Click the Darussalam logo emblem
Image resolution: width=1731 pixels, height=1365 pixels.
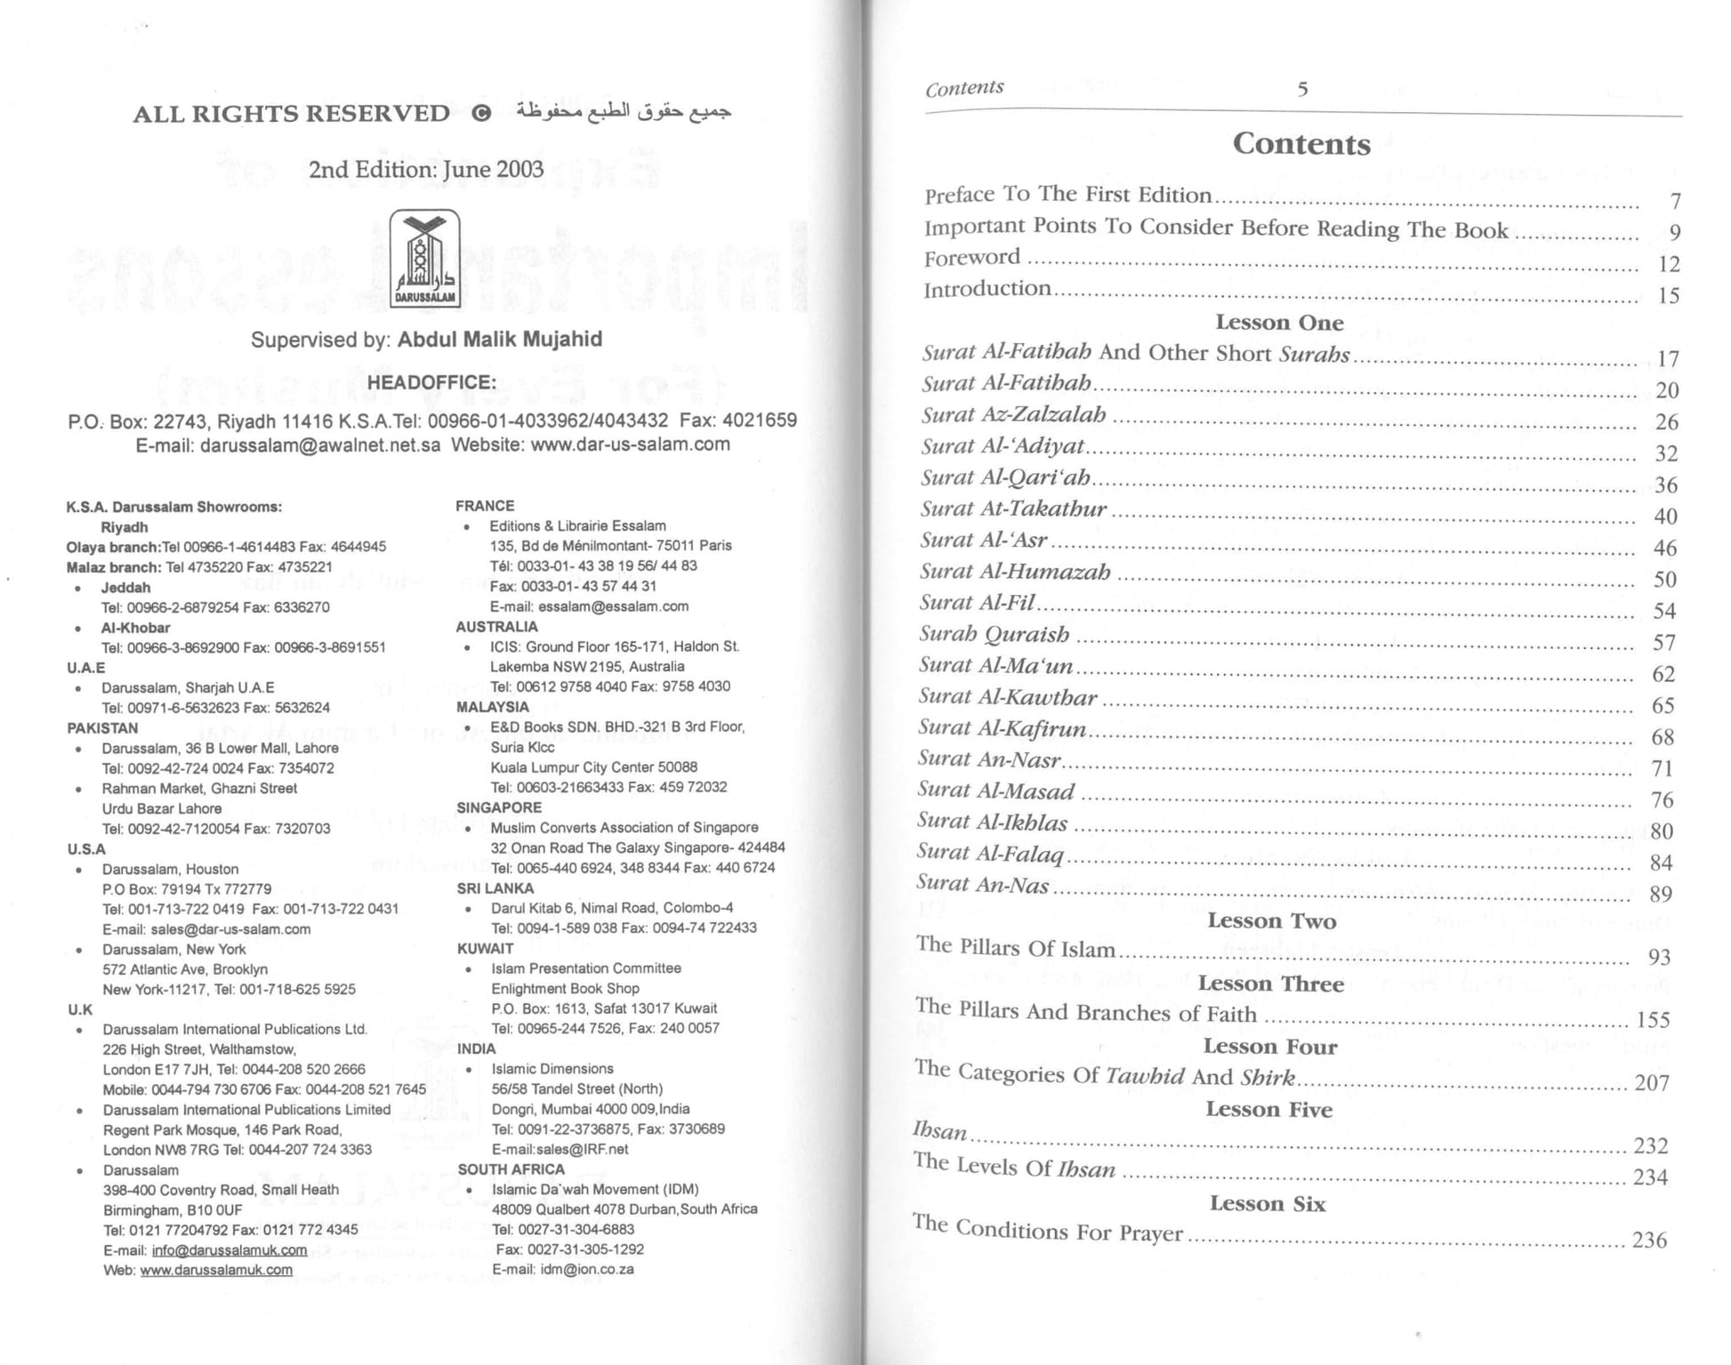(x=425, y=259)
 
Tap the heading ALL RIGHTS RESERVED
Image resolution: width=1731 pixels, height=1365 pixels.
(x=291, y=114)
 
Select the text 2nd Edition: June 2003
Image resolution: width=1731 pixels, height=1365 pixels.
(x=425, y=169)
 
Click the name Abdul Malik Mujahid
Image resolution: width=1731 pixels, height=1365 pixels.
(x=499, y=339)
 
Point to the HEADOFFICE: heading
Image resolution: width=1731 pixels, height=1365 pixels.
(x=431, y=382)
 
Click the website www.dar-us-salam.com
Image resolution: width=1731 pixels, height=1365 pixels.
(x=630, y=444)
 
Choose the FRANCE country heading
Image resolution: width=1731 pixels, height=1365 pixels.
(x=485, y=506)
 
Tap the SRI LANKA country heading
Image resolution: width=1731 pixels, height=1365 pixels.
(x=495, y=887)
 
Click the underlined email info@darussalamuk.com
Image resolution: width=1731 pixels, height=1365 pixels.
(x=229, y=1249)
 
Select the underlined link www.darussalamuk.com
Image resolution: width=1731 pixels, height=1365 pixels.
(x=216, y=1270)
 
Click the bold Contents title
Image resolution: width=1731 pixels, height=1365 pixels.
(x=1301, y=144)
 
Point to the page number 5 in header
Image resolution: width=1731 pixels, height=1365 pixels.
(x=1302, y=89)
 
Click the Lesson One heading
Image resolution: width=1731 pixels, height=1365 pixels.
(x=1279, y=322)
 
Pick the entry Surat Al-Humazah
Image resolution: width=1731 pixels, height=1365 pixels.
(x=1015, y=572)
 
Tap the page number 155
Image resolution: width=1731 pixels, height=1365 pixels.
(x=1653, y=1020)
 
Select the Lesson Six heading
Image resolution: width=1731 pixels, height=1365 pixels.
(x=1268, y=1203)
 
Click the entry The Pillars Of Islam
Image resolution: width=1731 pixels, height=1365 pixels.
(x=1016, y=948)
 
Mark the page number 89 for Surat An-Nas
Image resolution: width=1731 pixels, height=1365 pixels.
(x=1660, y=894)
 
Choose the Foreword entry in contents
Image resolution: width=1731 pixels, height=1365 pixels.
(x=972, y=258)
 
